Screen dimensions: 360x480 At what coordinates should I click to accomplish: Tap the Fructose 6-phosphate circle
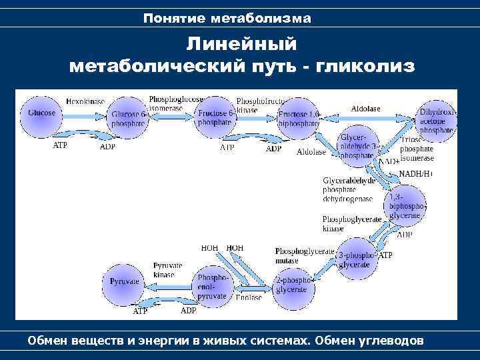click(216, 117)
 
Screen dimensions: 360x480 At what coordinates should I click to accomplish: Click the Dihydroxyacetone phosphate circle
click(437, 121)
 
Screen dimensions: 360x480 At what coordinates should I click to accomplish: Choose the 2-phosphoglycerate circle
click(293, 285)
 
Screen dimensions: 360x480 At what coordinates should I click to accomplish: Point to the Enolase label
click(249, 297)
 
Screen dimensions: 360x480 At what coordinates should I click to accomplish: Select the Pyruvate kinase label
click(164, 270)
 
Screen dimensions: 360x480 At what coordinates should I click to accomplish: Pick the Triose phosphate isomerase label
click(417, 149)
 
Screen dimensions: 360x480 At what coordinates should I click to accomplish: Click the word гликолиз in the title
click(365, 66)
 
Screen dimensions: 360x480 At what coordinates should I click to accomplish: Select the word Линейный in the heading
click(241, 44)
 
